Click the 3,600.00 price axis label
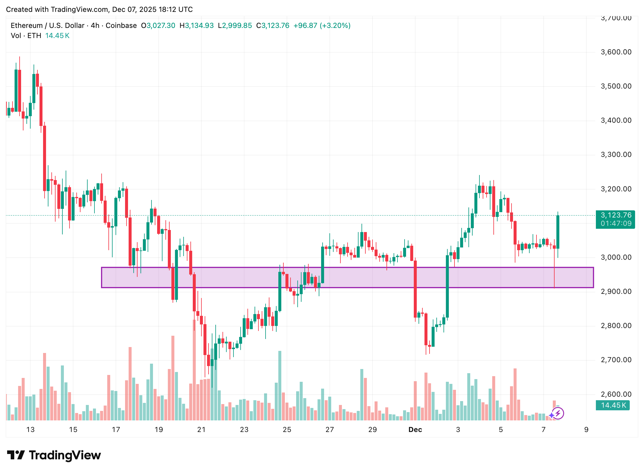click(x=616, y=52)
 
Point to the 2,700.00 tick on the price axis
click(x=616, y=360)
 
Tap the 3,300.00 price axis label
click(x=616, y=155)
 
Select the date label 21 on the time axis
click(x=201, y=430)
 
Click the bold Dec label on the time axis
click(x=415, y=430)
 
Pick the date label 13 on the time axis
click(x=30, y=430)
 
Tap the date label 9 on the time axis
click(x=586, y=430)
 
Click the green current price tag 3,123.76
click(x=616, y=215)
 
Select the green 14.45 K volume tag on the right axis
click(x=613, y=405)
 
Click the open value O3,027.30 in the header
click(x=158, y=26)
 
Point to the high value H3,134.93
click(x=197, y=26)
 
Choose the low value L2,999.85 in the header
click(x=235, y=26)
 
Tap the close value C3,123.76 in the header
click(x=273, y=26)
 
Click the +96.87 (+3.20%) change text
click(x=322, y=26)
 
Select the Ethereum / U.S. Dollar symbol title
click(x=48, y=26)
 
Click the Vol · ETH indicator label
click(x=26, y=36)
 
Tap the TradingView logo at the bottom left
click(x=54, y=455)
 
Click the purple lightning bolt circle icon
click(x=558, y=413)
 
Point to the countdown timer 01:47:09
click(x=616, y=223)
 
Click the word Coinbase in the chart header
click(x=121, y=26)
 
